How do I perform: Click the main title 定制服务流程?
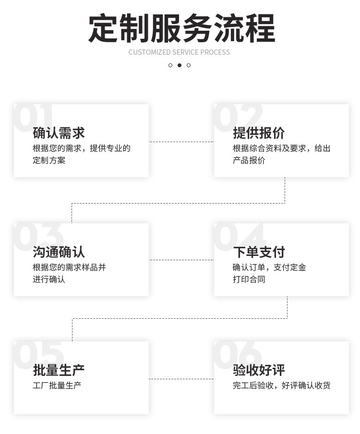point(181,28)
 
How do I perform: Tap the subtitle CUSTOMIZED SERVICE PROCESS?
point(179,52)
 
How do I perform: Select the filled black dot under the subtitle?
point(180,65)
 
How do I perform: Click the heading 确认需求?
point(59,133)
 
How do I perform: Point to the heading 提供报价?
point(259,133)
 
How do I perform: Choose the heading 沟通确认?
point(59,252)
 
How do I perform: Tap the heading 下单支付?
point(259,252)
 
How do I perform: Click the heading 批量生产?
point(59,370)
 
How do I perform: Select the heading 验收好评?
point(259,370)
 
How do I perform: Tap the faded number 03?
point(38,236)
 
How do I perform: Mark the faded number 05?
point(38,355)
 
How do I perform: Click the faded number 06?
point(238,355)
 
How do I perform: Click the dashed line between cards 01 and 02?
point(181,142)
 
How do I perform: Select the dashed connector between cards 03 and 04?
point(181,260)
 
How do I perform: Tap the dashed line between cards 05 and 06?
point(181,379)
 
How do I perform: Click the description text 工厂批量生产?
point(57,386)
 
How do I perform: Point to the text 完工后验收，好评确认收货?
point(282,386)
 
